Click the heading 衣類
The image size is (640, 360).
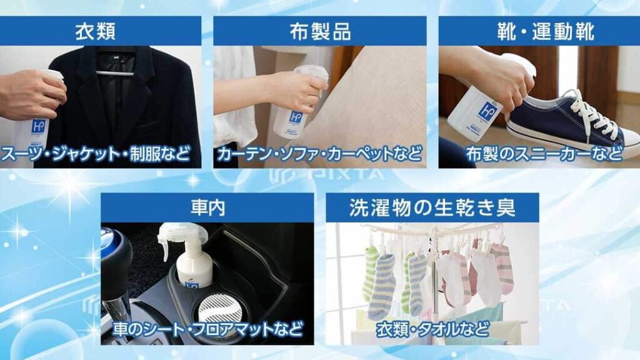point(96,31)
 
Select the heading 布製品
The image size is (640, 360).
point(320,31)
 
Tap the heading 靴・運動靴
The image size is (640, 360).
point(545,31)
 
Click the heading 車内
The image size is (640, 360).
point(207,207)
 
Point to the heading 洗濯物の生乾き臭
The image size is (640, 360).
point(432,207)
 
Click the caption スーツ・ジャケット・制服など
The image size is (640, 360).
point(96,154)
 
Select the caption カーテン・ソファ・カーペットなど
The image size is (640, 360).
point(319,154)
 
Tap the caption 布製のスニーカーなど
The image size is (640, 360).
point(544,154)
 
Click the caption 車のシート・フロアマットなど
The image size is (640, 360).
point(207,329)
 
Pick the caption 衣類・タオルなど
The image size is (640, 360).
point(432,329)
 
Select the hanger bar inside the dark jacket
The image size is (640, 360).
point(115,74)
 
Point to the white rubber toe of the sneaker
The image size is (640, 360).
point(626,141)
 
